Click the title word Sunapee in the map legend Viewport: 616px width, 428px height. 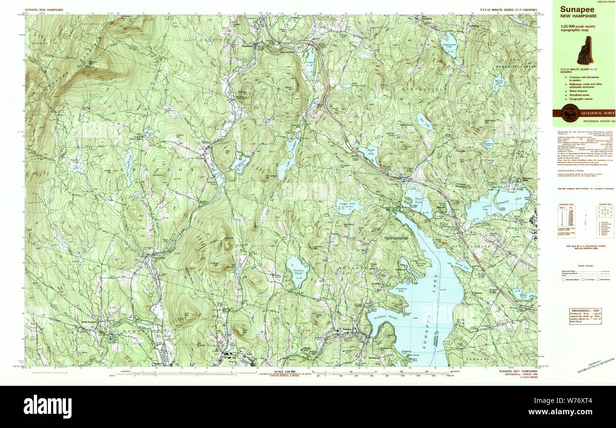(x=577, y=9)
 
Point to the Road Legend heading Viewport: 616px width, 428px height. (x=585, y=266)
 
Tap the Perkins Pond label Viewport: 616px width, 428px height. (x=297, y=274)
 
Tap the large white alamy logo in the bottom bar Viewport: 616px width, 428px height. (x=47, y=407)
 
